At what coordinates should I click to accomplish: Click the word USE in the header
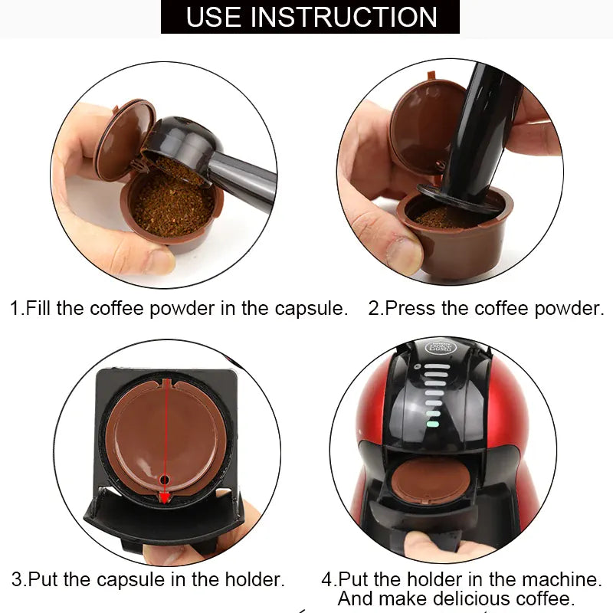(214, 16)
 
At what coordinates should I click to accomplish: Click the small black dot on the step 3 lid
(163, 480)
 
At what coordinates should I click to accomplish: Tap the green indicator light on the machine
(433, 422)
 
